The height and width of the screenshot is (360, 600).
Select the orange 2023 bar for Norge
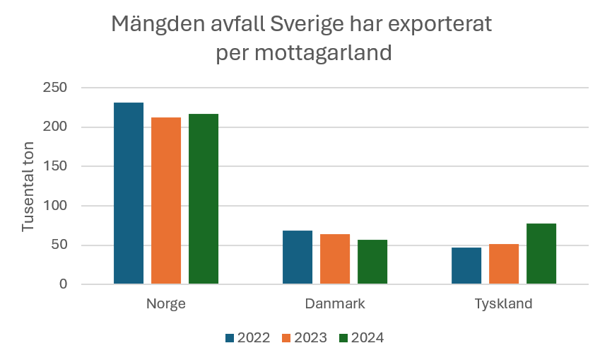pos(166,201)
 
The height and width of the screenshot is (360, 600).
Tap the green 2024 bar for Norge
pos(204,199)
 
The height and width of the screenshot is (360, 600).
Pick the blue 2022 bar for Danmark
pos(298,257)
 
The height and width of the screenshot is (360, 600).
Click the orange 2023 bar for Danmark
pos(335,259)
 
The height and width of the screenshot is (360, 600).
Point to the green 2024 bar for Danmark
pos(372,262)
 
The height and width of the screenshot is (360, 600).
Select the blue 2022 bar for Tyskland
pos(466,266)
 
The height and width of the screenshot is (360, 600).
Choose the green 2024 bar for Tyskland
pos(541,254)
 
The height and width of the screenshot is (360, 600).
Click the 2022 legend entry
pos(247,338)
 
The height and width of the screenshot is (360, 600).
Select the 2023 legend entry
pos(305,338)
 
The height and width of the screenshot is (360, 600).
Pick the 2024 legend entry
pos(361,338)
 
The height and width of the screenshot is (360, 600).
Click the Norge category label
pos(166,304)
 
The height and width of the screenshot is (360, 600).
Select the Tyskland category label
pos(503,304)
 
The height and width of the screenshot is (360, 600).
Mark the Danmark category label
pos(335,304)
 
